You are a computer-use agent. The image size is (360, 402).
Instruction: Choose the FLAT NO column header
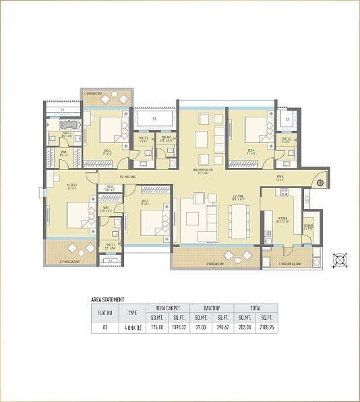point(104,312)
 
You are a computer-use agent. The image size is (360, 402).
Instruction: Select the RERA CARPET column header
point(168,308)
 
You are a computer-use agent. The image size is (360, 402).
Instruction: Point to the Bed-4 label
point(251,151)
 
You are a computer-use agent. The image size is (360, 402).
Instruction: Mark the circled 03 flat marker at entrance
point(321,182)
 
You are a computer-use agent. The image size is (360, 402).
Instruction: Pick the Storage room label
point(308,228)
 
